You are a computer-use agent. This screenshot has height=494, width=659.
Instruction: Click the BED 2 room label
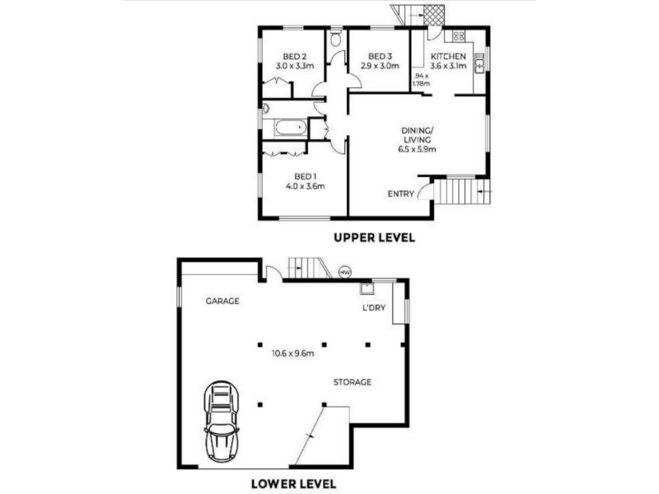(x=294, y=56)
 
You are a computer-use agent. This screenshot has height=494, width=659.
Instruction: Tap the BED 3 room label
(x=380, y=56)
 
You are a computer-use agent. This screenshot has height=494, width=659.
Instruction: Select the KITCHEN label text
(x=448, y=56)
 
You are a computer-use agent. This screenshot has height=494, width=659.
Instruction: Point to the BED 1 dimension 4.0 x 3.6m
(x=305, y=186)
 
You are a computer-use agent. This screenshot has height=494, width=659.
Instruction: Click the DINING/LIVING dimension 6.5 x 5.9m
(x=417, y=149)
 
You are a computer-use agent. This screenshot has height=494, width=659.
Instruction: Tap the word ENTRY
(x=400, y=193)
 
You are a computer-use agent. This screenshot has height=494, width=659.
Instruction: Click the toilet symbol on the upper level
(x=336, y=38)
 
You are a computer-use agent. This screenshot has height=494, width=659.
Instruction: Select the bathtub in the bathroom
(x=290, y=128)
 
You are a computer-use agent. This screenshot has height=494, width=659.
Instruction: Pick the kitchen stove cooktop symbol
(x=459, y=36)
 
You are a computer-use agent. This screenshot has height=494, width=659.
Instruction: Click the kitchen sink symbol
(x=479, y=64)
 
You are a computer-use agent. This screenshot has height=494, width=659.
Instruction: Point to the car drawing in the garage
(x=221, y=422)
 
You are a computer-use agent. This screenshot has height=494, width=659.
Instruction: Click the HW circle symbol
(x=345, y=273)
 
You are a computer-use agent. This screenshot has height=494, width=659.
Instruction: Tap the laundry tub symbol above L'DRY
(x=367, y=289)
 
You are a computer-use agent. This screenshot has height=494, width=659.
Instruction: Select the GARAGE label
(x=222, y=301)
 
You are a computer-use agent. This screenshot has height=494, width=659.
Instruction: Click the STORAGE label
(x=353, y=382)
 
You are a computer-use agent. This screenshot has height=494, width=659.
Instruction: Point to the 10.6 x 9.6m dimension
(x=292, y=353)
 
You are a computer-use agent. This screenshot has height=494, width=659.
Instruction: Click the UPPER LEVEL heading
(x=374, y=237)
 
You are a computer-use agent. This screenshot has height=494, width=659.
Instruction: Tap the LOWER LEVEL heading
(x=293, y=483)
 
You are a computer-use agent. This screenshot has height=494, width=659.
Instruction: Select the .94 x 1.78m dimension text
(x=421, y=80)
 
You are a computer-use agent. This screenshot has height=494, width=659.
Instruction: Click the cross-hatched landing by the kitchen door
(x=434, y=16)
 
